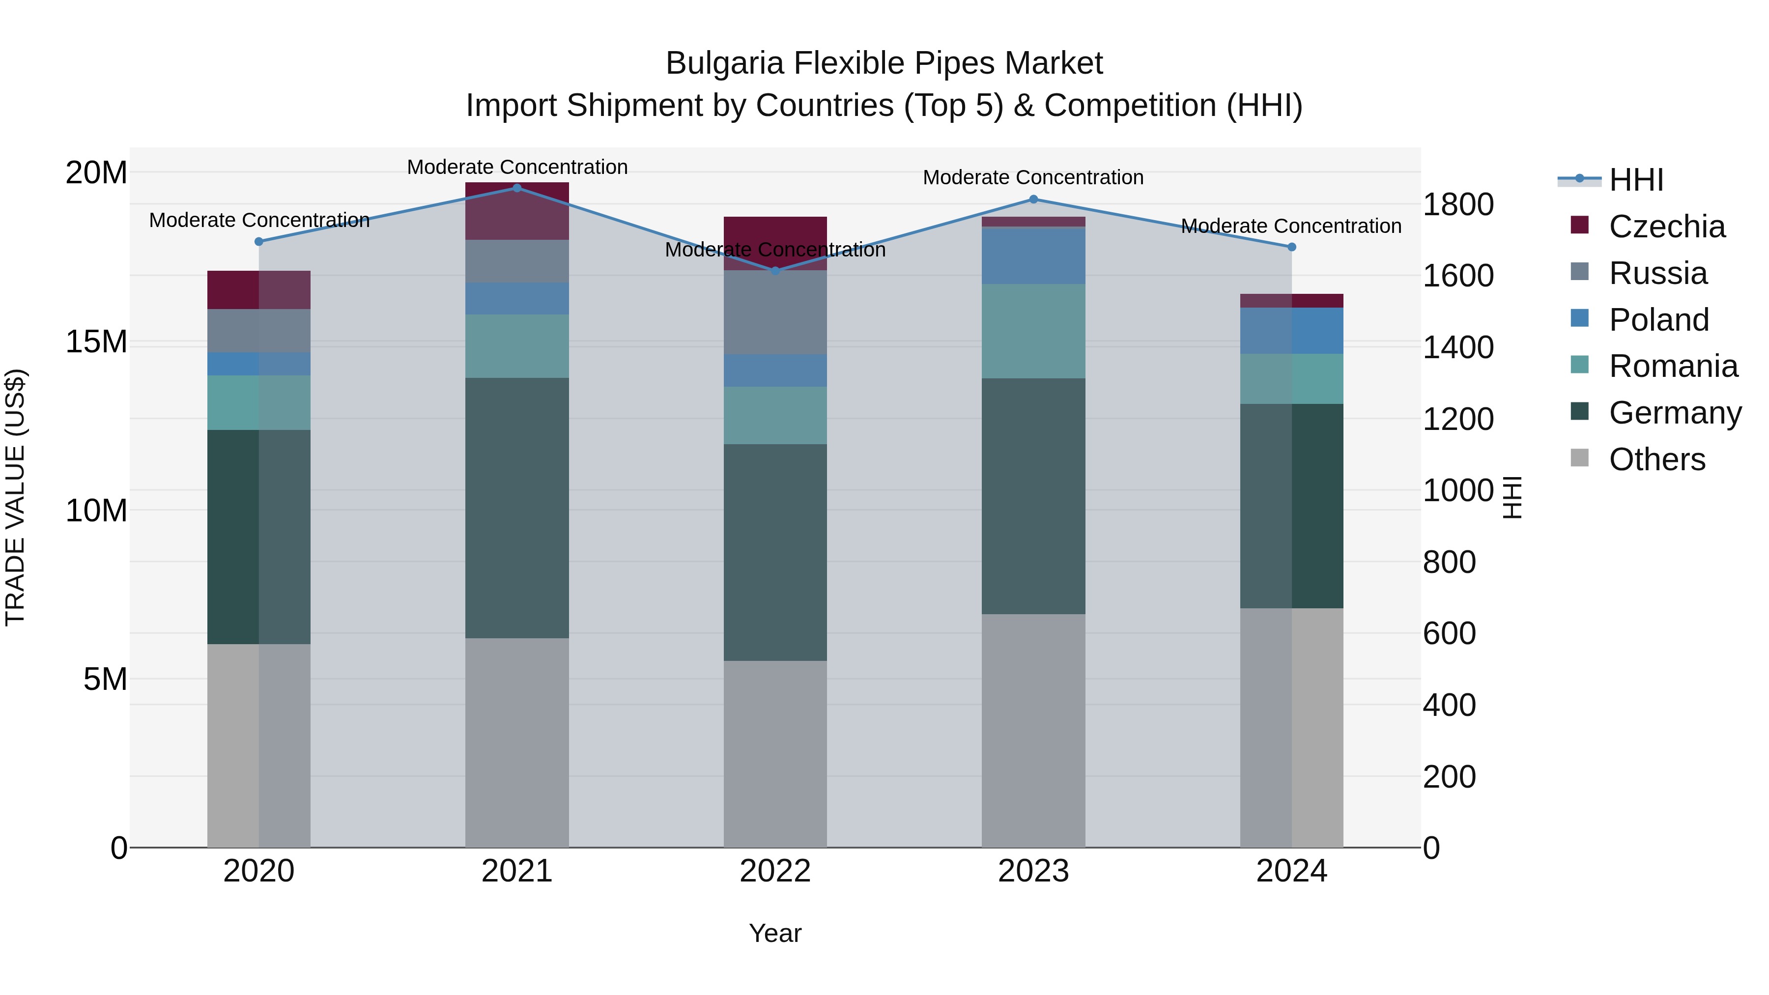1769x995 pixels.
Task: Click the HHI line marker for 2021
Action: pos(517,188)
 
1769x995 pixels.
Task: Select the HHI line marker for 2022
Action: pos(775,271)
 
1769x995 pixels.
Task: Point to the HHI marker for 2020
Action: pos(259,242)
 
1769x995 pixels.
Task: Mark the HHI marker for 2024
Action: pos(1292,247)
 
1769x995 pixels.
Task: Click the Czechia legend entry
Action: pos(1667,227)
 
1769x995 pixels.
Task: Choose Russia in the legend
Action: pos(1658,273)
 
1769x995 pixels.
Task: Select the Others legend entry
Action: pos(1656,459)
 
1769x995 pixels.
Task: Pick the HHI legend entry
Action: pos(1636,180)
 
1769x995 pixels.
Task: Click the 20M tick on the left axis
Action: pos(96,172)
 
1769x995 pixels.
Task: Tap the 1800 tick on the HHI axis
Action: pos(1458,204)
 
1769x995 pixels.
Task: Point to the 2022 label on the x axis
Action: pos(775,871)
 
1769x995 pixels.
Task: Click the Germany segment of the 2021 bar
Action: pos(517,508)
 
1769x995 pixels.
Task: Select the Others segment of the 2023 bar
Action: pos(1033,731)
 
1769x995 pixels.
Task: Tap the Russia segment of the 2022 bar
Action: pos(775,313)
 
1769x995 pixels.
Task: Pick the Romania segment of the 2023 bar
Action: pos(1033,331)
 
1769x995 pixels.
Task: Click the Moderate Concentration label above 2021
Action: pos(517,167)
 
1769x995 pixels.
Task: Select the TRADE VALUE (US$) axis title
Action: pos(15,497)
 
